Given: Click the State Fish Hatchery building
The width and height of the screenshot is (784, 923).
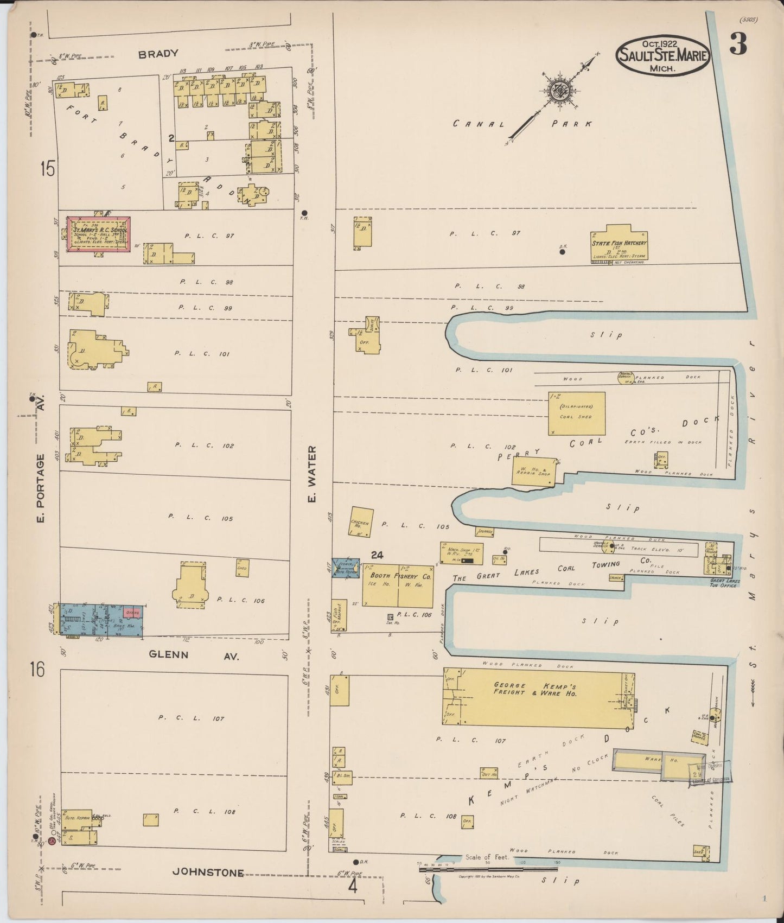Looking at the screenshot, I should point(620,243).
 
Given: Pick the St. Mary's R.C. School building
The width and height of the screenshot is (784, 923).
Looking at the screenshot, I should point(98,234).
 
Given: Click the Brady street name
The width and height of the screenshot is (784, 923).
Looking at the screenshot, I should point(158,54).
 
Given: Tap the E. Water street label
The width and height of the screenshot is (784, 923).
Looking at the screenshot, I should point(311,474).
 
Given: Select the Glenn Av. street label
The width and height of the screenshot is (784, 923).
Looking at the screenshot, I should point(194,655).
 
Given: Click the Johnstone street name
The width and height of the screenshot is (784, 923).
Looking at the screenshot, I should point(208,873).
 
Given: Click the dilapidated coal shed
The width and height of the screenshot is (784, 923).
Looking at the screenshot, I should point(576,413).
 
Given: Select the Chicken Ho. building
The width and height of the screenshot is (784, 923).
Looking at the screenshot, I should point(361,523).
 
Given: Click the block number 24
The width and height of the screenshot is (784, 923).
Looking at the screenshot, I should point(377,555).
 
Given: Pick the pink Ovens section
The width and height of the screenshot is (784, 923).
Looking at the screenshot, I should point(133,613).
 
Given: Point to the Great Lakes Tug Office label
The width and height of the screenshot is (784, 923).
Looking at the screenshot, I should point(724,583).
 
